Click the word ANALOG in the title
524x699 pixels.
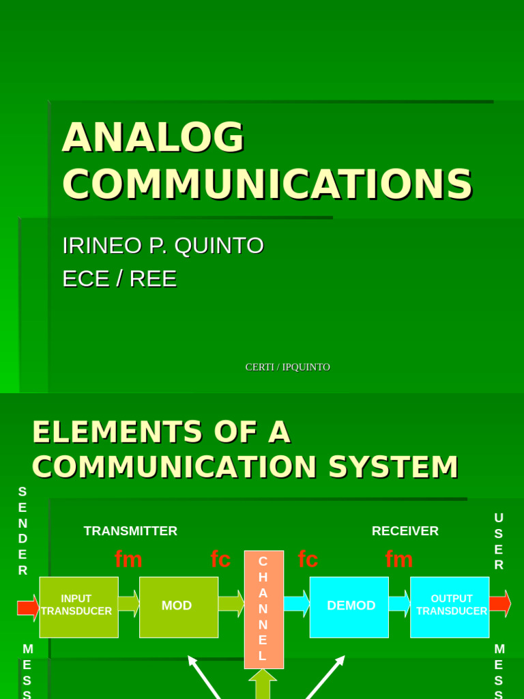[153, 137]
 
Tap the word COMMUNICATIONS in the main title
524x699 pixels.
[267, 184]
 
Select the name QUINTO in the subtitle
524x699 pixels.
[219, 246]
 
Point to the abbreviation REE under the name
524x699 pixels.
[153, 279]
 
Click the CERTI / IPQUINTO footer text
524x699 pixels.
[287, 367]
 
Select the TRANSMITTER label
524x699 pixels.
[130, 530]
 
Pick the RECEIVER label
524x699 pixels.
[405, 530]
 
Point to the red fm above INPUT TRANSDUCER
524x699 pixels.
[128, 560]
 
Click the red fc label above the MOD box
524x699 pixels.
[220, 560]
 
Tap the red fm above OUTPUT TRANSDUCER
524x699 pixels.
[398, 560]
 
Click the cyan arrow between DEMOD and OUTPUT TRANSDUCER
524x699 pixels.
[399, 604]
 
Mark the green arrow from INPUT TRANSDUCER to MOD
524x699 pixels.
[128, 604]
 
